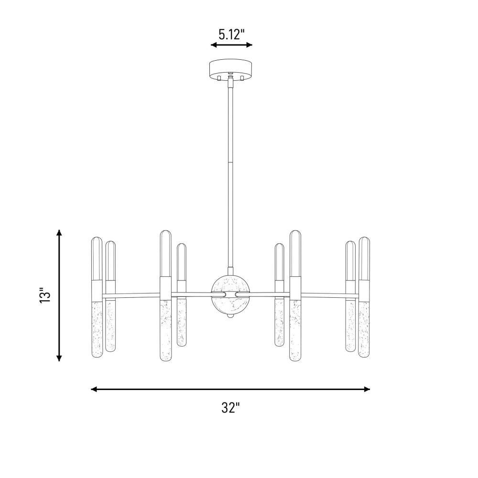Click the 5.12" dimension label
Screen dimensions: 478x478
[232, 34]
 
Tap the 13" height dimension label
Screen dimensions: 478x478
[45, 295]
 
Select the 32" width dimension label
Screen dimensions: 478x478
[230, 408]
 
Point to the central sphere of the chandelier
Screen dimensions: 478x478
[230, 294]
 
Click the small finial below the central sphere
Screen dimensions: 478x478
[230, 316]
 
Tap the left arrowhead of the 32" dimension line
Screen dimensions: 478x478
[94, 389]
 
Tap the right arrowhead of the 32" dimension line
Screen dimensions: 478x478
[367, 389]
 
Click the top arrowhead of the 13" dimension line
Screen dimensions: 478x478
[59, 233]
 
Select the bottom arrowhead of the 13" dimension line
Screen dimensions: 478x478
[59, 358]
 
